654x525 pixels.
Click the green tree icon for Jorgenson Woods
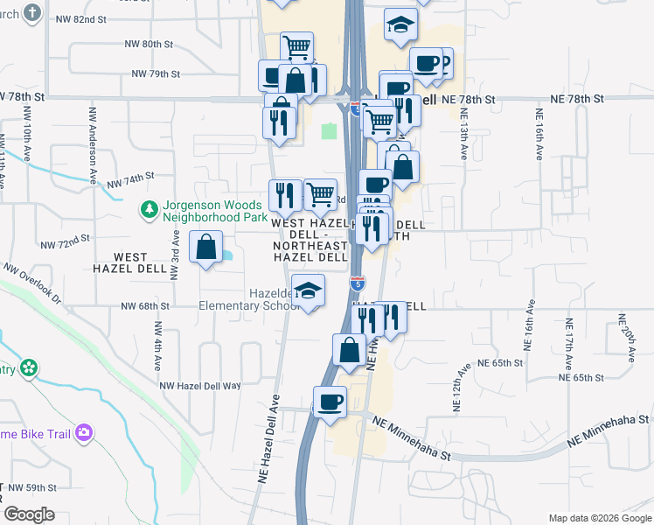click(x=149, y=209)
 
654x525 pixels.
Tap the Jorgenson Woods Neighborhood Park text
click(x=211, y=211)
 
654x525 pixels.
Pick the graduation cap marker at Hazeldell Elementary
click(x=307, y=291)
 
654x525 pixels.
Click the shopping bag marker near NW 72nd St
click(x=205, y=247)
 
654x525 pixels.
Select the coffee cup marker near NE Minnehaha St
click(x=330, y=402)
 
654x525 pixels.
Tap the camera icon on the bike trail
click(x=84, y=432)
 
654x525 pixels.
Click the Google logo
click(x=29, y=514)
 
